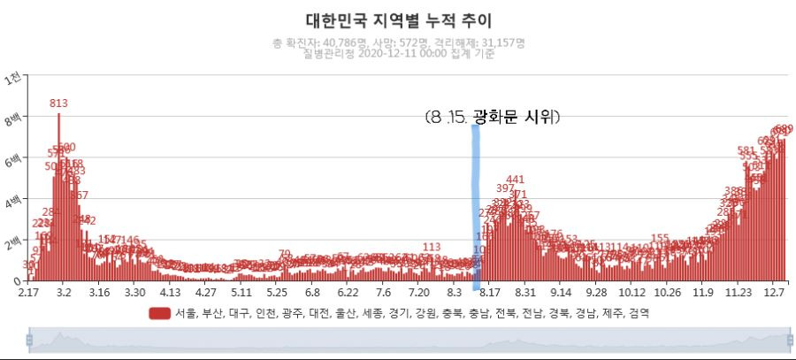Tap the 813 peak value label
click(59, 103)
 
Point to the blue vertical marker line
click(476, 203)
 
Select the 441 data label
click(515, 180)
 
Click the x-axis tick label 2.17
click(28, 292)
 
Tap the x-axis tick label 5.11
click(241, 292)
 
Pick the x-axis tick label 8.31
click(525, 292)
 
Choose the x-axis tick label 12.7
click(774, 292)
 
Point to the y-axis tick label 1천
click(13, 78)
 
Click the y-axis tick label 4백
click(13, 201)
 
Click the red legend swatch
click(159, 313)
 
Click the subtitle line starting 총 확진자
click(400, 42)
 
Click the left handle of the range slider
click(29, 340)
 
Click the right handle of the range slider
click(790, 340)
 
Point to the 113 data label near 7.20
click(432, 247)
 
